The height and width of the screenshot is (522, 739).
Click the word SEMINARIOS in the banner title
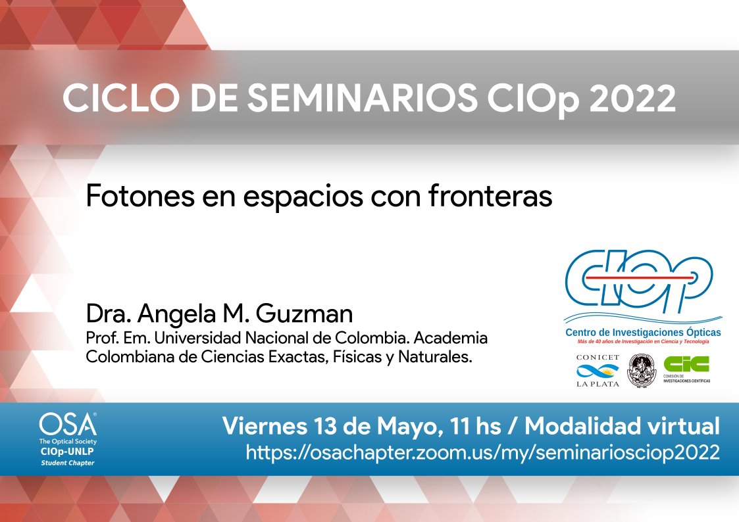click(x=363, y=98)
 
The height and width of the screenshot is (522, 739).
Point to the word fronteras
click(x=490, y=196)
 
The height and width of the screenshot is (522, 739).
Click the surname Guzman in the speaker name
click(x=305, y=314)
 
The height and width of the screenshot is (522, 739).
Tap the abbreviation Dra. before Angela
click(x=109, y=314)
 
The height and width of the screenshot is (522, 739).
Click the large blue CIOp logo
click(x=638, y=283)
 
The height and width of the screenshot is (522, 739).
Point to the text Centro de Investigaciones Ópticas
click(x=644, y=332)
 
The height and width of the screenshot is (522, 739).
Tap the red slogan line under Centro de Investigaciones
click(x=644, y=342)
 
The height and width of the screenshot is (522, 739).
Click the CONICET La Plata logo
click(x=598, y=371)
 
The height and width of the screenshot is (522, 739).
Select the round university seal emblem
click(x=642, y=371)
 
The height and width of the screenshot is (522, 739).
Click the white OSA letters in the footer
click(x=68, y=424)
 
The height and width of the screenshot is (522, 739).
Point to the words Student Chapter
click(x=67, y=463)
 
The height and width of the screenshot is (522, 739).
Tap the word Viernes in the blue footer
click(x=265, y=426)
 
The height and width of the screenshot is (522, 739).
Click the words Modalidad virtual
click(x=622, y=426)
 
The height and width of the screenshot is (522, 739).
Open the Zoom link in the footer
click(x=483, y=453)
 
